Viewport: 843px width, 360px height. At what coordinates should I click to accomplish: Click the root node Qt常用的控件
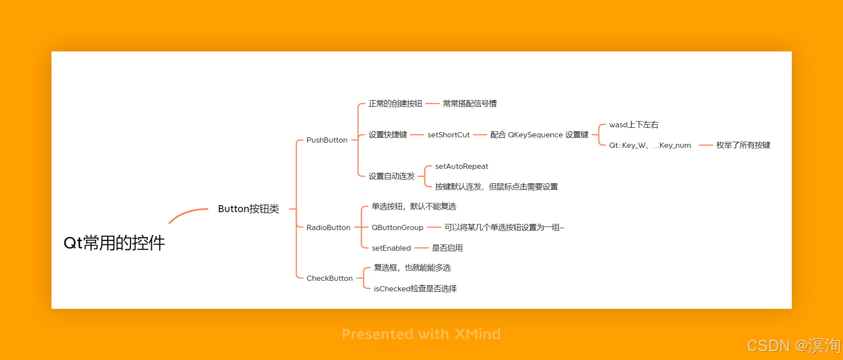(x=114, y=243)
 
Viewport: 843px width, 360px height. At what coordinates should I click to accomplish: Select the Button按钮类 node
(x=248, y=209)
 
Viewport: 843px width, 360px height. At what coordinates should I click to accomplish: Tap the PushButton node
(x=327, y=140)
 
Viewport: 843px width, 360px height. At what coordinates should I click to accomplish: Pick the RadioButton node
(x=328, y=227)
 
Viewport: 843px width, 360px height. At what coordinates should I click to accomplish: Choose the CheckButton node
(x=329, y=278)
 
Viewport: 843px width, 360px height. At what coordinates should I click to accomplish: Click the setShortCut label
(x=448, y=135)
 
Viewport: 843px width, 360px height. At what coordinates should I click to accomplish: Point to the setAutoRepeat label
(x=462, y=166)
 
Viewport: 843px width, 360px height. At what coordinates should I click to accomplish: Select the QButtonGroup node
(x=397, y=227)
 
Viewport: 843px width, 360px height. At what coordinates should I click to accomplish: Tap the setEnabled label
(x=391, y=248)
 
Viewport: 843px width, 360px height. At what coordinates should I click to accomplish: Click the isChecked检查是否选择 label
(x=415, y=289)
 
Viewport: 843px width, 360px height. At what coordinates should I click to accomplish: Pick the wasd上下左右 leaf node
(x=633, y=125)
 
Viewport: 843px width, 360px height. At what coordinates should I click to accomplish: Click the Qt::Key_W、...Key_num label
(x=650, y=145)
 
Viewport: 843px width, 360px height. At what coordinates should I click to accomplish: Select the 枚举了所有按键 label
(x=743, y=145)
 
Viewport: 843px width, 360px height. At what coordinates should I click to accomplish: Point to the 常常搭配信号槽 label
(x=469, y=104)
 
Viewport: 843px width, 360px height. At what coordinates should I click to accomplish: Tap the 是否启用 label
(x=447, y=248)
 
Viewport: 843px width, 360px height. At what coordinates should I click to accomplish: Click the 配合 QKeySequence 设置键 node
(x=539, y=135)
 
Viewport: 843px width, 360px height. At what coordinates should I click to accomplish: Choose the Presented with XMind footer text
(x=421, y=334)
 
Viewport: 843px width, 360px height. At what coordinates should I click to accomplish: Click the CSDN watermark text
(x=793, y=346)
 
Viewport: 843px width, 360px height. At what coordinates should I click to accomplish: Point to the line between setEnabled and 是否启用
(x=421, y=248)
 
